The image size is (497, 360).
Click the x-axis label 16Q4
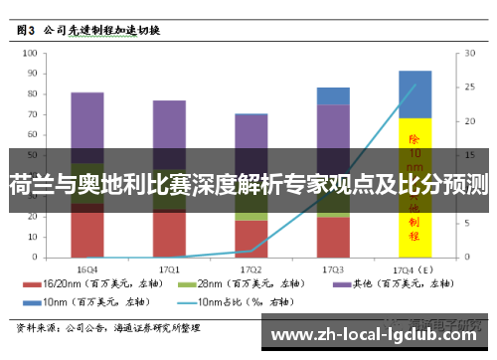[x=87, y=269]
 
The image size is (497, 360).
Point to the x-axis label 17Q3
[x=333, y=269]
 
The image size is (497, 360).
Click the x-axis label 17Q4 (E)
[x=414, y=269]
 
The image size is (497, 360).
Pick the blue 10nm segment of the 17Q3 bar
[x=333, y=95]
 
